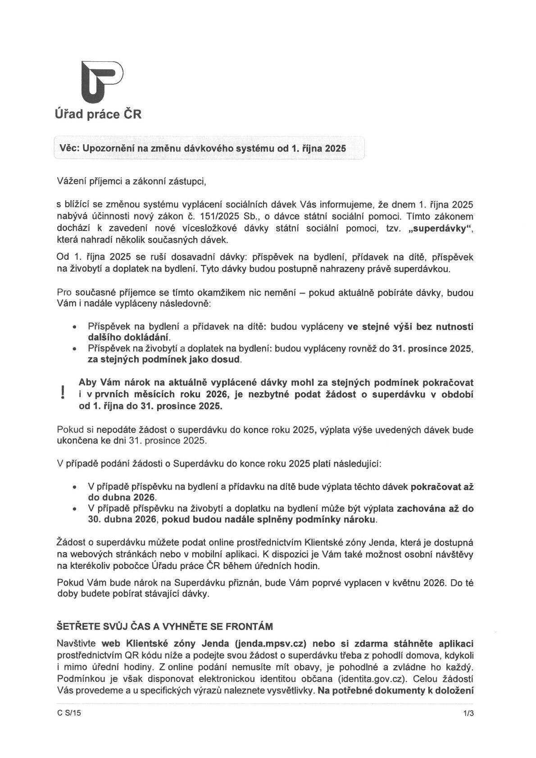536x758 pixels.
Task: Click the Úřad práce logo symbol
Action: [101, 82]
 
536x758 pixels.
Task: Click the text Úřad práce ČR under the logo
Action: [98, 114]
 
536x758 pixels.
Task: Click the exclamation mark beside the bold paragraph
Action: [61, 393]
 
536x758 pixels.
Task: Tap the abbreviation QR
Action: [140, 655]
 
